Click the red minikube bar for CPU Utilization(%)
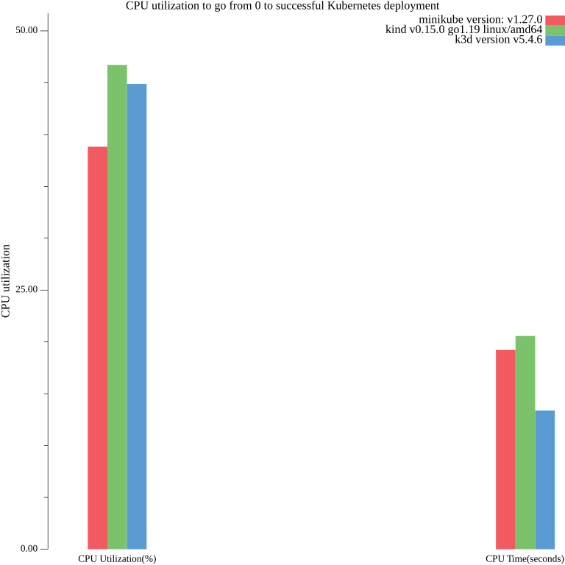pyautogui.click(x=97, y=347)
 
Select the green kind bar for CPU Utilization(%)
pyautogui.click(x=117, y=307)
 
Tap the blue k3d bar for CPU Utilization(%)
pyautogui.click(x=137, y=316)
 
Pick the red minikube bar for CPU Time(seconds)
pyautogui.click(x=505, y=449)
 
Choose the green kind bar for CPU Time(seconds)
pyautogui.click(x=525, y=442)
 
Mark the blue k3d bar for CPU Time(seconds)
pyautogui.click(x=545, y=480)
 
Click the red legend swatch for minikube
pyautogui.click(x=555, y=20)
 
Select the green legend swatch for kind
pyautogui.click(x=555, y=30)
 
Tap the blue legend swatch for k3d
pyautogui.click(x=555, y=40)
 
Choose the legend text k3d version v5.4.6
pyautogui.click(x=498, y=40)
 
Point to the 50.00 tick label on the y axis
pyautogui.click(x=27, y=31)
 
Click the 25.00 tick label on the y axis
pyautogui.click(x=27, y=290)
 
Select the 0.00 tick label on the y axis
pyautogui.click(x=29, y=549)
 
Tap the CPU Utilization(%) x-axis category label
pyautogui.click(x=117, y=559)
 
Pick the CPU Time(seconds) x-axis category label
pyautogui.click(x=525, y=559)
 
